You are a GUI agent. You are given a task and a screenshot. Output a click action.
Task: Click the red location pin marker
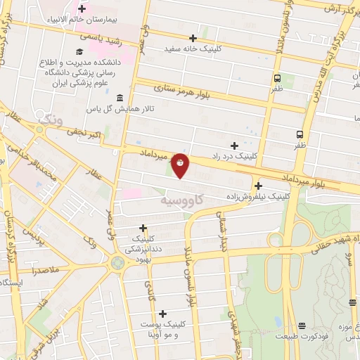[x=181, y=165]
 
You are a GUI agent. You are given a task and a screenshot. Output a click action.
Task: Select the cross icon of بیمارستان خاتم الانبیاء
[x=82, y=10]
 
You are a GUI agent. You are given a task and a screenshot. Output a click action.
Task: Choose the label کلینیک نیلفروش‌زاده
[x=259, y=198]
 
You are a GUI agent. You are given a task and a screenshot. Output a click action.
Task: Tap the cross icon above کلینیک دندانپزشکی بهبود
[x=143, y=228]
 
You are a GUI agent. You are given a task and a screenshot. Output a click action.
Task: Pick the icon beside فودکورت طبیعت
[x=302, y=325]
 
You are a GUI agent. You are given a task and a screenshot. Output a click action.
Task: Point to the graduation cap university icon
[x=79, y=51]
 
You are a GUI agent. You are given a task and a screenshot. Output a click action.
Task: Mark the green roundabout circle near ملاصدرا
[x=117, y=263]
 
